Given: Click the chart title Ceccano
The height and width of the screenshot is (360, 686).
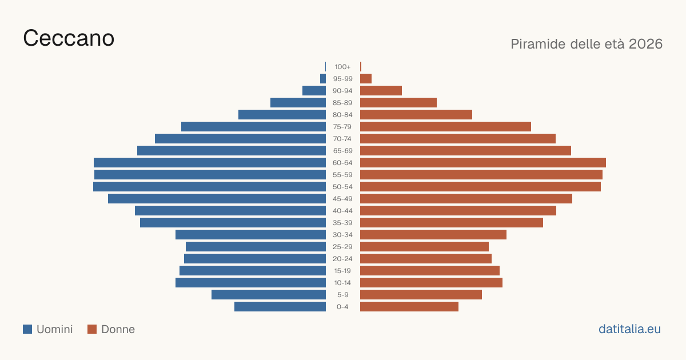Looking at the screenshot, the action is [x=69, y=38].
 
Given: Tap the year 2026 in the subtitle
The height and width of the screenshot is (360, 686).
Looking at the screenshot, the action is [x=645, y=44].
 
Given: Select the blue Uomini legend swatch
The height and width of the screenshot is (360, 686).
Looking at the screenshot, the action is [x=27, y=329].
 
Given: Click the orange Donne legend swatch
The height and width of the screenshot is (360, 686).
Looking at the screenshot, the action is [x=92, y=329].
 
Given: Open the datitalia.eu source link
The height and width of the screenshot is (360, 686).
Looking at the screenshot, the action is [x=629, y=329].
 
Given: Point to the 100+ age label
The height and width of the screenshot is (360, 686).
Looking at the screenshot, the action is [x=342, y=67].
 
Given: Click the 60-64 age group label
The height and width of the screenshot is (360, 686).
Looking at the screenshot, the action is [x=342, y=162].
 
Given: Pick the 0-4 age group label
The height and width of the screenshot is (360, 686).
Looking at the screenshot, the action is [x=342, y=307].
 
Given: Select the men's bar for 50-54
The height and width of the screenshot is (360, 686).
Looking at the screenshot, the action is [x=209, y=187].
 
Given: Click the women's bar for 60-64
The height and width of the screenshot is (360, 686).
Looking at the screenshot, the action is [x=483, y=162].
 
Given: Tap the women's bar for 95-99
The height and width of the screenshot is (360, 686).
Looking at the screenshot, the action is [x=366, y=79].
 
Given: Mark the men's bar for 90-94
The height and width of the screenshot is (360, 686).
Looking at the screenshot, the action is [x=314, y=91].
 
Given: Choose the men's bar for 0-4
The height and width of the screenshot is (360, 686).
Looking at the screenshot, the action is [x=280, y=307].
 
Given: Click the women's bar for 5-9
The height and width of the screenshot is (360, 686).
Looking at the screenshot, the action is [x=421, y=295].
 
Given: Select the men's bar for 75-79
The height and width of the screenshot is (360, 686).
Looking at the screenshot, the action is [x=254, y=127].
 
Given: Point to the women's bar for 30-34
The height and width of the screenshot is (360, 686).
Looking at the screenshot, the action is [x=433, y=235].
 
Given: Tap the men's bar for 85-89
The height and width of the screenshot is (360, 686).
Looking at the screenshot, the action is [x=298, y=102].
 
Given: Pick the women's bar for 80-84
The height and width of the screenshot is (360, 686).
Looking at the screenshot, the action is [x=416, y=115].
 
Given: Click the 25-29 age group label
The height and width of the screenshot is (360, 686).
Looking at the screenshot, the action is [x=342, y=247].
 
